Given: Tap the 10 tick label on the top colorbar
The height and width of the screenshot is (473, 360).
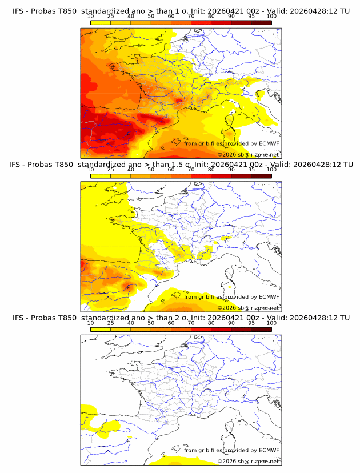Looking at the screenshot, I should pos(90,16).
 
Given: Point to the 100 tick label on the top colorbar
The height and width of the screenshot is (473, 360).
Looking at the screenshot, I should pos(271,16).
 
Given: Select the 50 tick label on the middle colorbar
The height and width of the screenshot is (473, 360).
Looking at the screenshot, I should pos(151,170).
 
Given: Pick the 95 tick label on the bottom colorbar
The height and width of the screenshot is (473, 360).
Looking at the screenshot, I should pos(251,323).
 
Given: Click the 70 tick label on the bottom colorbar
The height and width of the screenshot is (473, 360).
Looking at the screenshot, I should pos(191,323).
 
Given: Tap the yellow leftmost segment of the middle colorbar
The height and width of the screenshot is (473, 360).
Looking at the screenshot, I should pos(101,176).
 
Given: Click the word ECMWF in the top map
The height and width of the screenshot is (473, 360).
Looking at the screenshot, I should pos(269,143).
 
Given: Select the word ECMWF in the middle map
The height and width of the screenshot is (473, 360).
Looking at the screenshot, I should pos(269,296).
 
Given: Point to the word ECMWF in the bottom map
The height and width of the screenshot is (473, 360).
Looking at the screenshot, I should pos(269,450).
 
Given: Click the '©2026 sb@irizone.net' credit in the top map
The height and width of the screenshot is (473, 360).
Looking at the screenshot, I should pos(248,154).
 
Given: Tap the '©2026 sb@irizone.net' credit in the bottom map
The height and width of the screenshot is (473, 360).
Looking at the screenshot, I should pos(248,461).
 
